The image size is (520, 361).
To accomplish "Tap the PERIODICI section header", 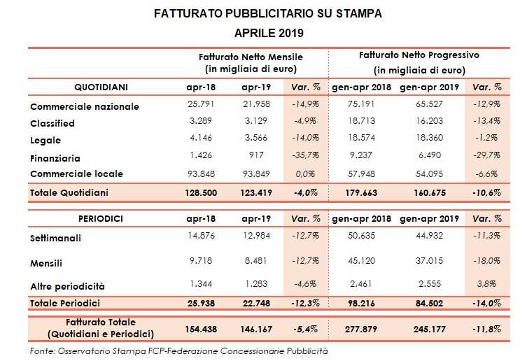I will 99,219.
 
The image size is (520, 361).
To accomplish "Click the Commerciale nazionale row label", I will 85,107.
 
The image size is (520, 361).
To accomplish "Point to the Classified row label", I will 52,123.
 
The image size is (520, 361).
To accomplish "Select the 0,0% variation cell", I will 307,173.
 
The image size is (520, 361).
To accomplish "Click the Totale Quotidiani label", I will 69,192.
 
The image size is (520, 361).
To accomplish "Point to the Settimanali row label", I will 55,238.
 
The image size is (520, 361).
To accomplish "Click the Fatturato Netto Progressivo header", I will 419,54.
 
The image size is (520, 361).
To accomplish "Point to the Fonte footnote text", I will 179,350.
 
